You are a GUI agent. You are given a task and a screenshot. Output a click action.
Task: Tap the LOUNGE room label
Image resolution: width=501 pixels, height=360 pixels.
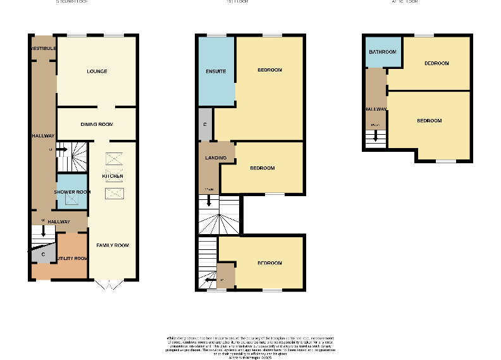97,71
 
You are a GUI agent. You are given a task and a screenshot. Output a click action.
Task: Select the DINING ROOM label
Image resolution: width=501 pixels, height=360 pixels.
97,124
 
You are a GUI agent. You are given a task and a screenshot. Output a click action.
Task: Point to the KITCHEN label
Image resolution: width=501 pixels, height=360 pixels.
113,176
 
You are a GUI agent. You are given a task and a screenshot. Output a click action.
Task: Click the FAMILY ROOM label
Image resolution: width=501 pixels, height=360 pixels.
113,245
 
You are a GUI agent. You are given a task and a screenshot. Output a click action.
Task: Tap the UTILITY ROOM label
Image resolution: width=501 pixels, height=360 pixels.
71,259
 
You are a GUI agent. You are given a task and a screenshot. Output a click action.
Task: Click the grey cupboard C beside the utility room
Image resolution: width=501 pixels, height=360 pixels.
43,255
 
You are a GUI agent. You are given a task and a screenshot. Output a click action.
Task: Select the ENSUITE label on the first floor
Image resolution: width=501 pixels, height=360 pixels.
216,71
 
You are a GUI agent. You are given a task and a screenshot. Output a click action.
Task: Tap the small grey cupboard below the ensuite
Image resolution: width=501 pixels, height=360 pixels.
205,125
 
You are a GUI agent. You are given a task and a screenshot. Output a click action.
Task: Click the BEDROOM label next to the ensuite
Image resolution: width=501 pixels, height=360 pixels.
269,70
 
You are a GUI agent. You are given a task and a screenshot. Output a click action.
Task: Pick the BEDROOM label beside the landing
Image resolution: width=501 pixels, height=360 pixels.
262,168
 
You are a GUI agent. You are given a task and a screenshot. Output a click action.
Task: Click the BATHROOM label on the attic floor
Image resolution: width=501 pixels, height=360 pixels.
383,52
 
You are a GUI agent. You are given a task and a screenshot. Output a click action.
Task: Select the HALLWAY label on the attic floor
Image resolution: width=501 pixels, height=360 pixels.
375,109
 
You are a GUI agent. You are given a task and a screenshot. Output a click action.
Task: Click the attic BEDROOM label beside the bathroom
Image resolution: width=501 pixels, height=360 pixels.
436,63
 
